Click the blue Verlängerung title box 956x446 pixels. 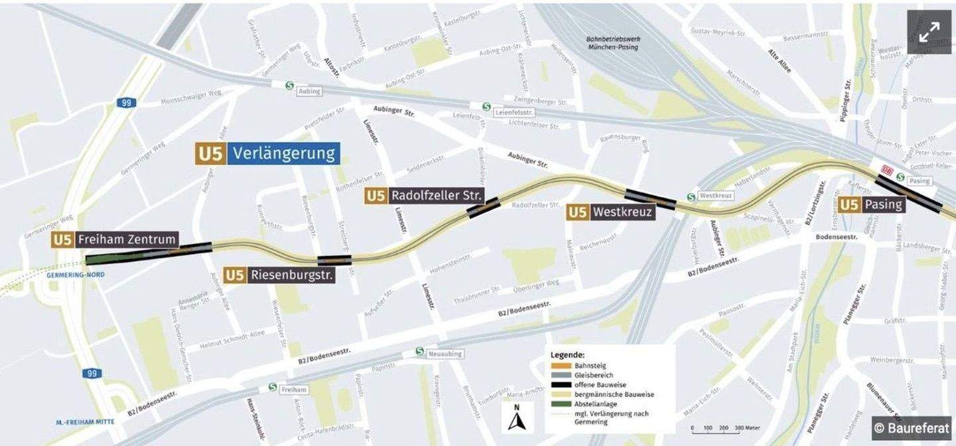283,154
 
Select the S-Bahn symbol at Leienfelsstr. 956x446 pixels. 486,106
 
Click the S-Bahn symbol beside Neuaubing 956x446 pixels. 419,351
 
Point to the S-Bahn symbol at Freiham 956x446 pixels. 272,387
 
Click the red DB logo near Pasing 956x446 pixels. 886,171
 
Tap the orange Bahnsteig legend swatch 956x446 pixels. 562,366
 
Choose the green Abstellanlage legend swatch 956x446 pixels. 562,404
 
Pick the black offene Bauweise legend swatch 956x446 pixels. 562,385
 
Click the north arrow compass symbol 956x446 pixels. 517,418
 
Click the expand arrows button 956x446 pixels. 929,32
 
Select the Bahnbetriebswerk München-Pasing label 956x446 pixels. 611,43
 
